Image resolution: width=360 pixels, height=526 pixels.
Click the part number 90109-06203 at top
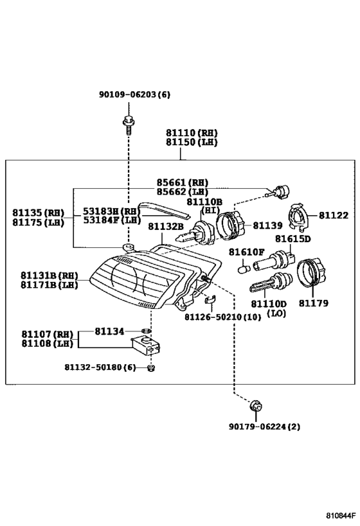128,94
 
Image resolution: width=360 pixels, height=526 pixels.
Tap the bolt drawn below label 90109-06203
129,125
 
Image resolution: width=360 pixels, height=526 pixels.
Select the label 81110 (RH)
192,133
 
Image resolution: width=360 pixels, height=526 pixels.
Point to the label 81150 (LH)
192,142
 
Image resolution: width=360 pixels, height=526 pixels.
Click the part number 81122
334,215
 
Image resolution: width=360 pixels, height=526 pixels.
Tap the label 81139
267,225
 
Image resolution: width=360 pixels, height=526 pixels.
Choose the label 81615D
293,239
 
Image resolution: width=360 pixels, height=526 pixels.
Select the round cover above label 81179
312,272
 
